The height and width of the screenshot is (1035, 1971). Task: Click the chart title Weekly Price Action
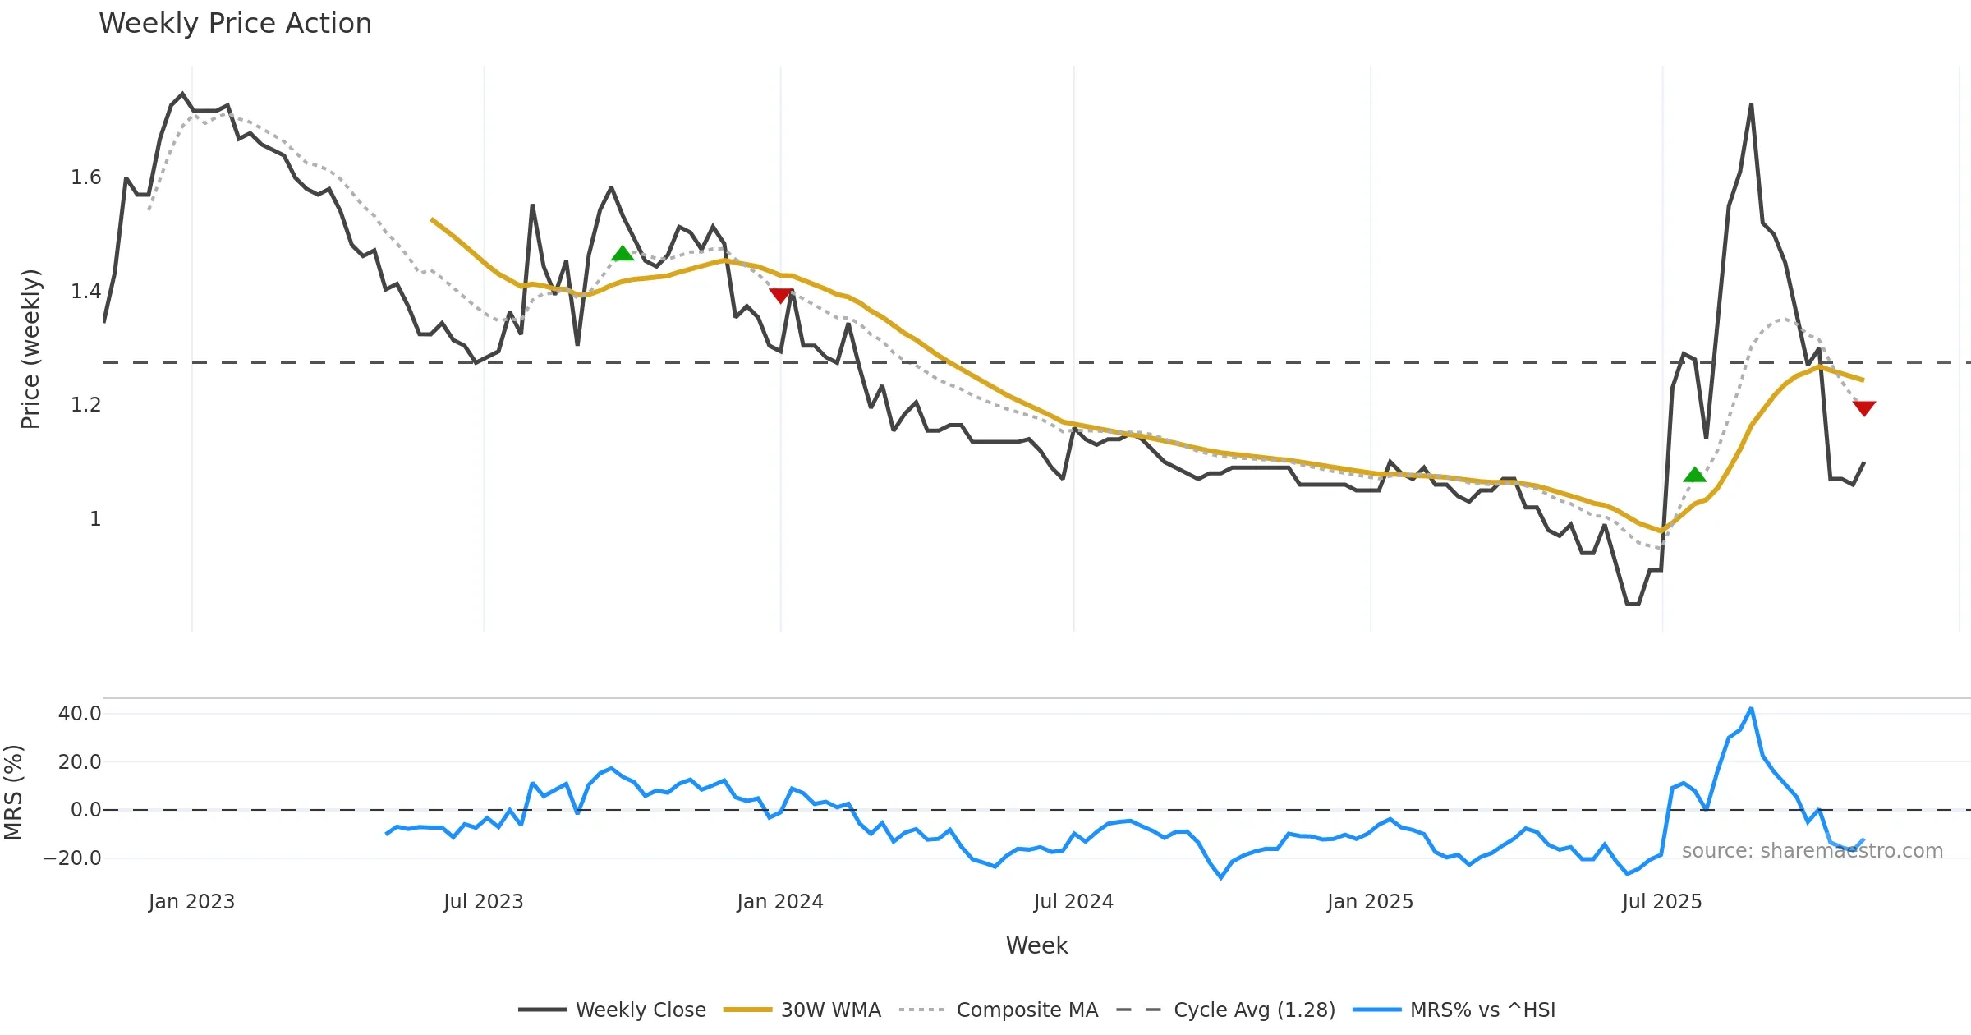(235, 24)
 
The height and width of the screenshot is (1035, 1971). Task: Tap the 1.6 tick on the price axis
(85, 177)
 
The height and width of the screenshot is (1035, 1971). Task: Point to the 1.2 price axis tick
(85, 405)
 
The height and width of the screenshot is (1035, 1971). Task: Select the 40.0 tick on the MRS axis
(80, 714)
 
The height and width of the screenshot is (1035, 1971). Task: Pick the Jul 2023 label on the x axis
(483, 902)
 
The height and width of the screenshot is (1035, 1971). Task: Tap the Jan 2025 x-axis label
(1370, 902)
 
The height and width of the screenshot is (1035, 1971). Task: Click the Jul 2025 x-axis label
(1661, 902)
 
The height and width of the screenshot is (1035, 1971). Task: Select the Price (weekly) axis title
(30, 349)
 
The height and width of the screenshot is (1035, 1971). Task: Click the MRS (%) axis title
(13, 793)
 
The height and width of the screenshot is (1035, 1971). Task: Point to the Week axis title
(1036, 946)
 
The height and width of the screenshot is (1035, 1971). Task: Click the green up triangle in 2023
(623, 254)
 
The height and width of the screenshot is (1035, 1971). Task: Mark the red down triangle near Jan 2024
(780, 296)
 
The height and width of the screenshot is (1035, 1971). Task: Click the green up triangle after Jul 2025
(1694, 475)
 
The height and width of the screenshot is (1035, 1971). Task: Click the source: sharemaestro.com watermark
(1812, 851)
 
